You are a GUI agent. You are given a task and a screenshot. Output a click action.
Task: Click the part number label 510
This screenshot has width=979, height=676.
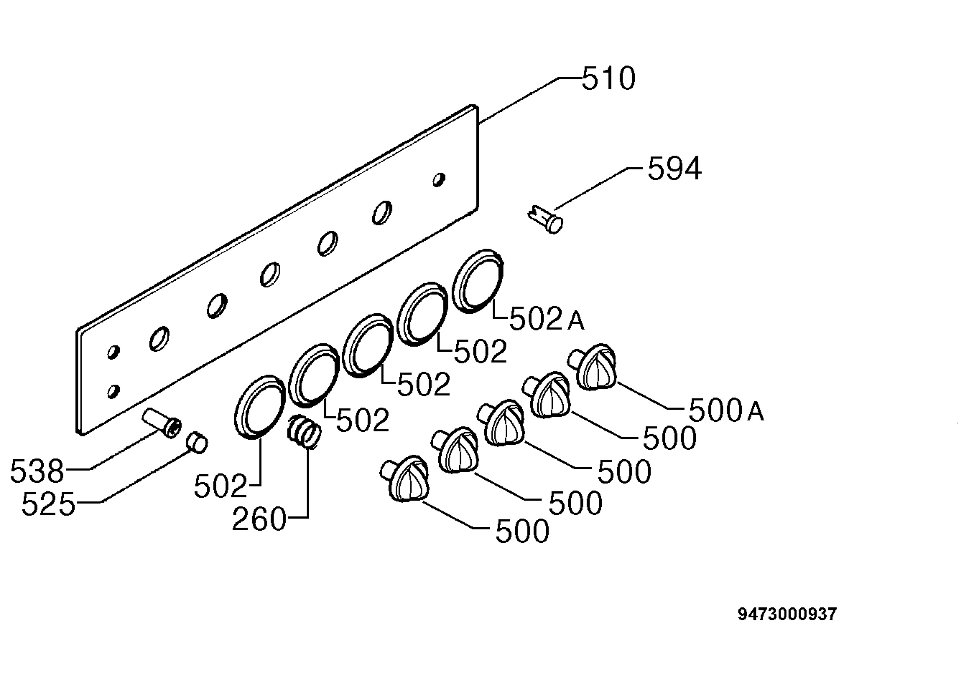coord(609,78)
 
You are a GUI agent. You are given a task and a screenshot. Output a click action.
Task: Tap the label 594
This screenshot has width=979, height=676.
coord(675,168)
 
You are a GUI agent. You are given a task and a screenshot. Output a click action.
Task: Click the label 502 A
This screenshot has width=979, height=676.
coord(547,319)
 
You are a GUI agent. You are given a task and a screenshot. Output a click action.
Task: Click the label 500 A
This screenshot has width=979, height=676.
coord(726,410)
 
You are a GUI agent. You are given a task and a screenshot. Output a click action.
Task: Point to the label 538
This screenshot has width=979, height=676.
coord(37,471)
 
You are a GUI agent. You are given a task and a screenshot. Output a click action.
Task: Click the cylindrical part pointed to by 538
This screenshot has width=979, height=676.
coord(162,422)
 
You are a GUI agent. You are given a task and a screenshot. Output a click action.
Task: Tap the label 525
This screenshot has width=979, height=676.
coord(48,504)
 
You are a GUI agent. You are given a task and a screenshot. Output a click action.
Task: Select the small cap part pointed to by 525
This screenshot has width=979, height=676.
coord(197,443)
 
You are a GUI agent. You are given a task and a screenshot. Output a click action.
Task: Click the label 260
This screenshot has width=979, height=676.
coord(259,519)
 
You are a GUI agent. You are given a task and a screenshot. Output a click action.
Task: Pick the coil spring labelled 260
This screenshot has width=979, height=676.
coord(304,431)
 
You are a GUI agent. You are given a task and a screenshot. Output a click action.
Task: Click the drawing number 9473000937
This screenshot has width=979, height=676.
coord(787,614)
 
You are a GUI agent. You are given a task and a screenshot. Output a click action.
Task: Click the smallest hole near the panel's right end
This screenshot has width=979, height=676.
coord(439,179)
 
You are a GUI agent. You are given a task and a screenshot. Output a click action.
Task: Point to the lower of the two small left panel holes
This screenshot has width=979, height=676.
coord(113,391)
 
